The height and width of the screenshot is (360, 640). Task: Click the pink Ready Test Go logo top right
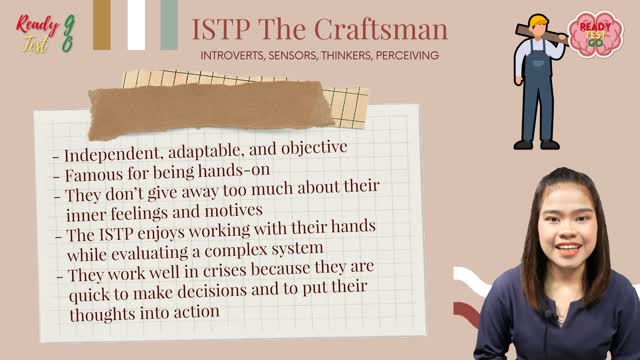click(596, 33)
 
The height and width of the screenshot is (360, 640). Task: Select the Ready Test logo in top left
click(40, 26)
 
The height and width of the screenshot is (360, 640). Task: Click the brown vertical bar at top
click(102, 24)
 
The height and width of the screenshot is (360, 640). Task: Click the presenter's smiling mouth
click(568, 248)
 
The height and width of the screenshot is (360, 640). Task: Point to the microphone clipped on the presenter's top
click(549, 317)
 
